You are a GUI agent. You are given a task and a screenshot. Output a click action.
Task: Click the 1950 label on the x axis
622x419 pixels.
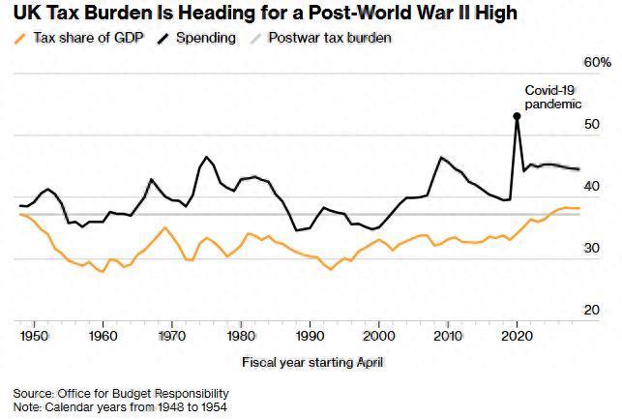tap(34, 336)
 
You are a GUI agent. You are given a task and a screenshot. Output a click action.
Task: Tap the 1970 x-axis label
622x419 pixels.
tap(171, 336)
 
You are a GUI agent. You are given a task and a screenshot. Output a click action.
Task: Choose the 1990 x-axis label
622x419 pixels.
tap(310, 336)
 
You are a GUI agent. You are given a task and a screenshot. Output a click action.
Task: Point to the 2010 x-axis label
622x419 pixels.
tap(447, 336)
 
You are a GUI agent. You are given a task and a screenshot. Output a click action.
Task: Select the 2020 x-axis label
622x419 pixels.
tap(517, 336)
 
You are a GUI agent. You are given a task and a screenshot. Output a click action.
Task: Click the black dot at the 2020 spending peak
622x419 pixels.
tap(517, 116)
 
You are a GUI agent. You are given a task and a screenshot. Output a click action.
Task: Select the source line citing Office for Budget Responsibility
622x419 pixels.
tap(120, 393)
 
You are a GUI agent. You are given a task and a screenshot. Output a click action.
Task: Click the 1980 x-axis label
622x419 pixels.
tap(240, 336)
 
